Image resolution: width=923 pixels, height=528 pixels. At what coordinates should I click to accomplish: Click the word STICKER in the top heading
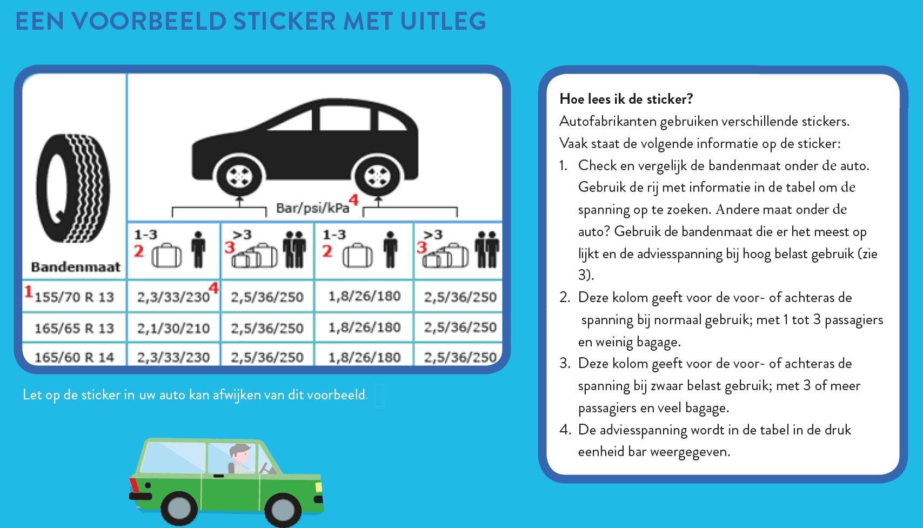click(284, 22)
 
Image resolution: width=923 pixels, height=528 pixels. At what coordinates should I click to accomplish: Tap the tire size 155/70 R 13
click(75, 297)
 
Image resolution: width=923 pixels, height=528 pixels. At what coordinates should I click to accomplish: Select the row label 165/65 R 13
click(75, 328)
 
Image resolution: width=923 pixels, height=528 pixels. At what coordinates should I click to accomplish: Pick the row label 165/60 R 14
click(75, 357)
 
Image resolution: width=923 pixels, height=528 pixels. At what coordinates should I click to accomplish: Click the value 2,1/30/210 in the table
click(173, 328)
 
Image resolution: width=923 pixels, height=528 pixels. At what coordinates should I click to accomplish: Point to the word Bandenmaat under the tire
click(76, 266)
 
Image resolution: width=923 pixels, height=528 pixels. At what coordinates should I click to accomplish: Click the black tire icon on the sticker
click(73, 188)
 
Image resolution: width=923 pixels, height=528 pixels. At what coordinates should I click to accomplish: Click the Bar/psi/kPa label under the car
click(312, 208)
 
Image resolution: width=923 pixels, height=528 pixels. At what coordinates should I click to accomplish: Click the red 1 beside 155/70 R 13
click(28, 292)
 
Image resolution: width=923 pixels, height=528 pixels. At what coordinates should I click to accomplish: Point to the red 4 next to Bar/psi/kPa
click(353, 200)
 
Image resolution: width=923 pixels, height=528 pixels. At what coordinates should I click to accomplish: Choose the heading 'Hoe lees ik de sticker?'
click(626, 99)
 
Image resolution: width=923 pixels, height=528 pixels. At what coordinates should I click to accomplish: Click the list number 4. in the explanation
click(565, 430)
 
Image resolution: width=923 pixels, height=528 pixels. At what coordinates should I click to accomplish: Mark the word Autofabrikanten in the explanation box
click(607, 121)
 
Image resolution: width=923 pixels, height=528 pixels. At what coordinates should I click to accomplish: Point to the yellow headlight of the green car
click(318, 487)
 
